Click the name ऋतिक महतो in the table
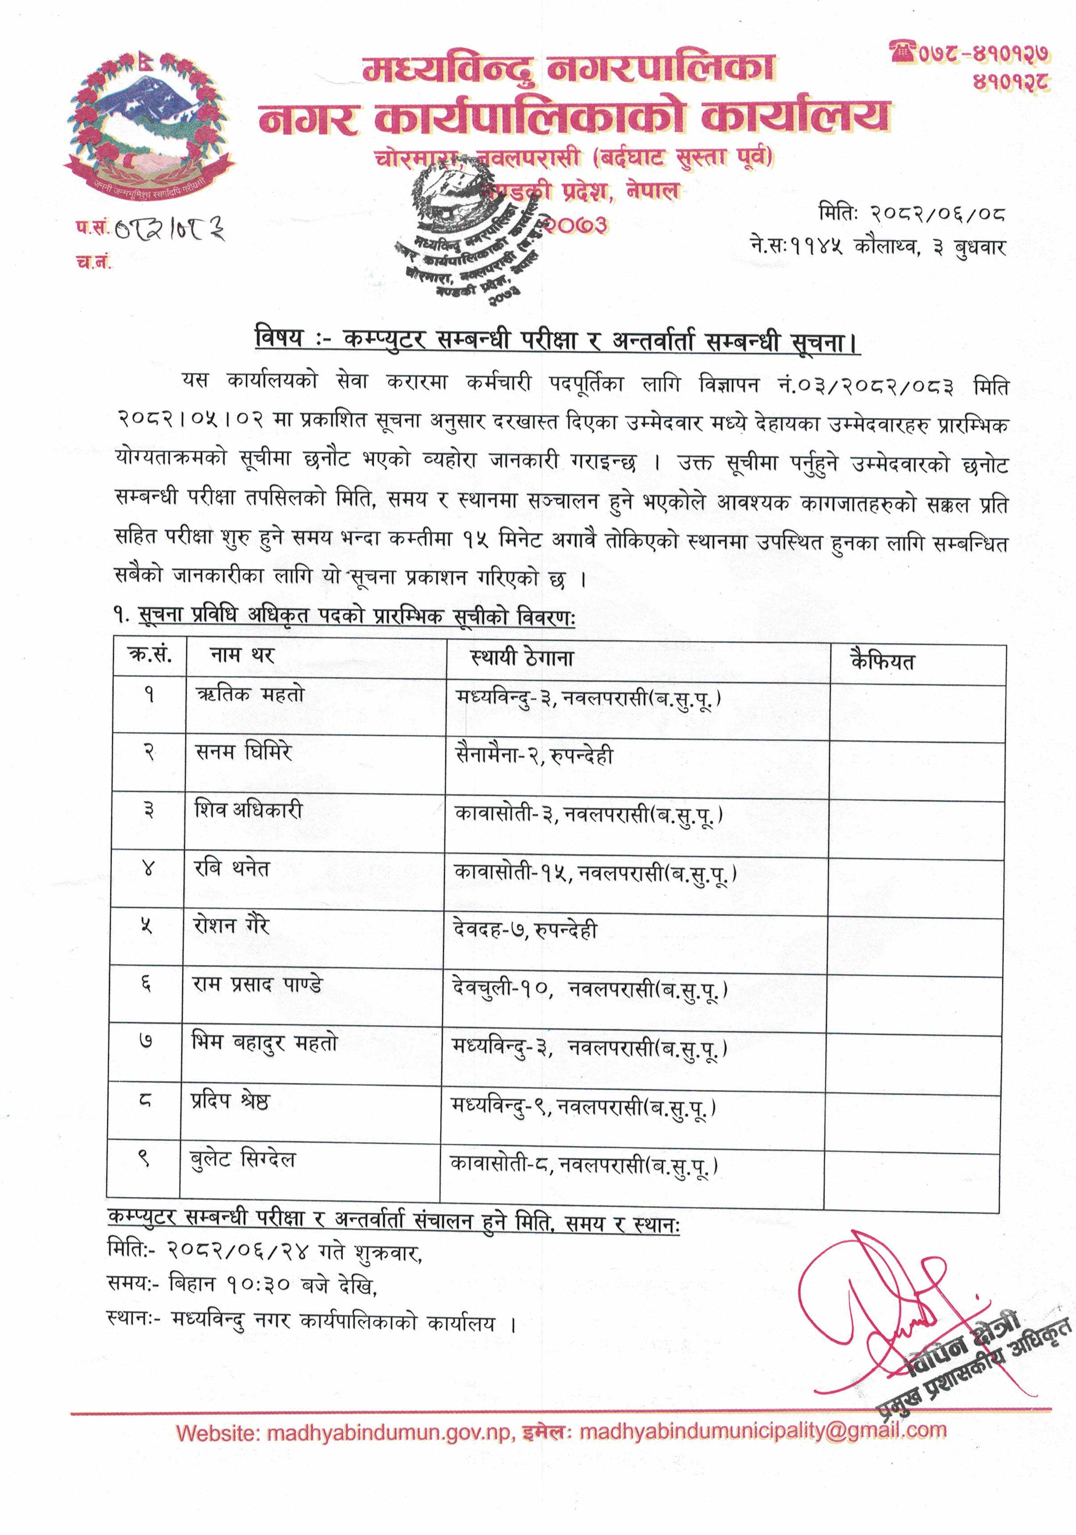[250, 695]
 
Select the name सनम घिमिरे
[243, 753]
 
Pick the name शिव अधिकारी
[249, 810]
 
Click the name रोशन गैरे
[231, 926]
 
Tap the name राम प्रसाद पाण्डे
[257, 984]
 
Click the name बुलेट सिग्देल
[243, 1159]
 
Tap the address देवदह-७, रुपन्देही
[525, 930]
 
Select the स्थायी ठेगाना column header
[522, 658]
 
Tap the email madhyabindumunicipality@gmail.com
[763, 1431]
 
